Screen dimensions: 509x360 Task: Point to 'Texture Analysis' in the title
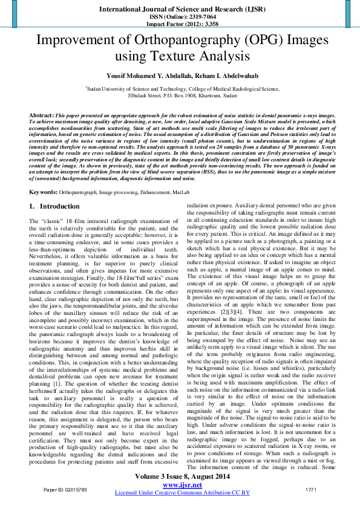(205, 57)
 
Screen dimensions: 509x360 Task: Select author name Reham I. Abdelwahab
(210, 76)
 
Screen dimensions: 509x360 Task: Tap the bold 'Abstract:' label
(42, 115)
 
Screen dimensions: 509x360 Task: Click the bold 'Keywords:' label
(44, 175)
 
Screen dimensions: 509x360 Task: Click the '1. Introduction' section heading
(51, 190)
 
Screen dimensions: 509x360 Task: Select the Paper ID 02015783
(65, 488)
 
